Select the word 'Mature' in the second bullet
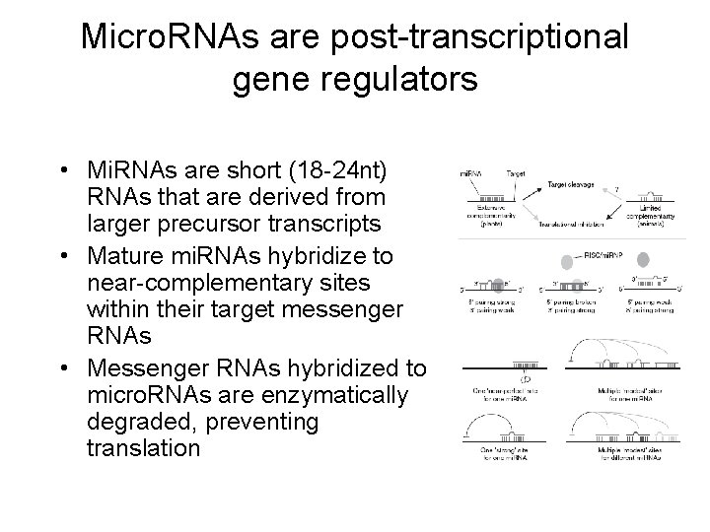pyautogui.click(x=129, y=256)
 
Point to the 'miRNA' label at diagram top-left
pyautogui.click(x=472, y=174)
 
